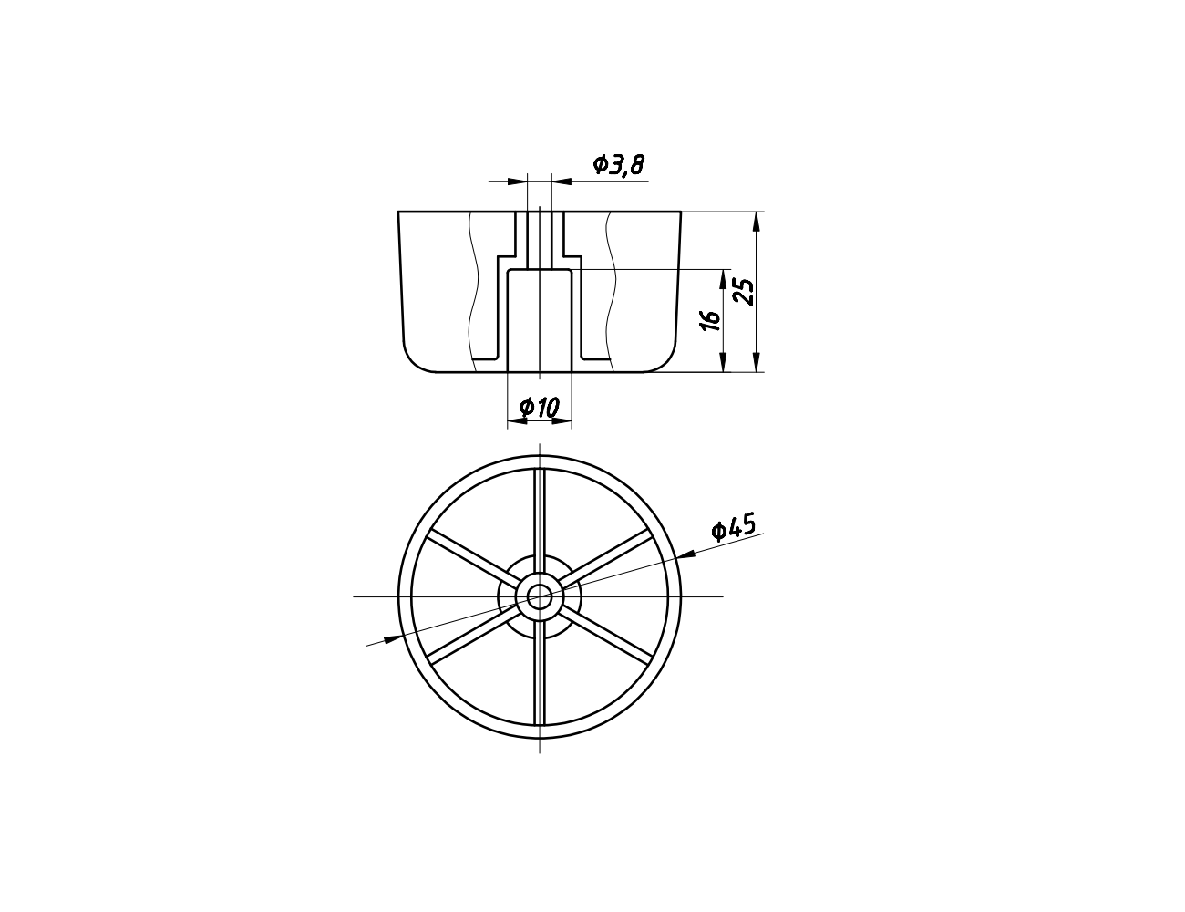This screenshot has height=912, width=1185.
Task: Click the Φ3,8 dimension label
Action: (x=619, y=164)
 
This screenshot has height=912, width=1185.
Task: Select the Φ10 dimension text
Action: (x=540, y=408)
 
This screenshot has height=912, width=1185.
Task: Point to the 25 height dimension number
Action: (x=744, y=292)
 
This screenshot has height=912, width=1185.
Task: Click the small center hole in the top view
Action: (x=540, y=596)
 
